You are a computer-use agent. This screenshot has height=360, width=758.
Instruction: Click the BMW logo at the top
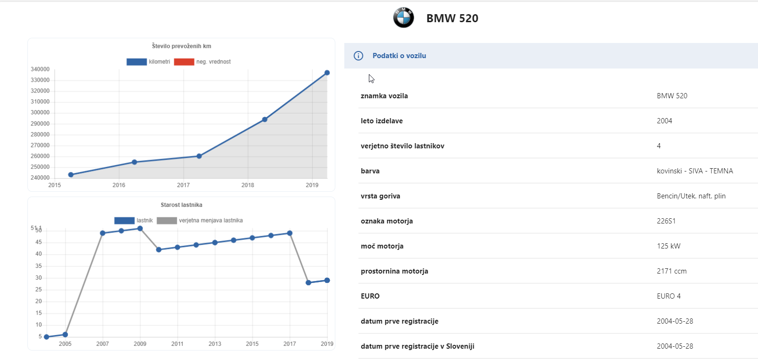pyautogui.click(x=403, y=17)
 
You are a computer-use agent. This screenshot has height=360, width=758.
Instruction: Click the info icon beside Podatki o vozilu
pyautogui.click(x=358, y=56)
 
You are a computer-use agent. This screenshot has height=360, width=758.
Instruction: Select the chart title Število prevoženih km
pyautogui.click(x=181, y=46)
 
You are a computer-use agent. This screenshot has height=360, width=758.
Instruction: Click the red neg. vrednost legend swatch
pyautogui.click(x=184, y=61)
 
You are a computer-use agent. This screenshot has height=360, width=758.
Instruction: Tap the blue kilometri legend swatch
pyautogui.click(x=136, y=61)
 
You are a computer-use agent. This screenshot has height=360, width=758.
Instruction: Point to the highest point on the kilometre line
pyautogui.click(x=327, y=73)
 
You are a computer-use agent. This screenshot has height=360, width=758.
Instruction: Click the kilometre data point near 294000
pyautogui.click(x=264, y=120)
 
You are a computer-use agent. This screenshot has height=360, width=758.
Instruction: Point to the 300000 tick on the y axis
pyautogui.click(x=40, y=112)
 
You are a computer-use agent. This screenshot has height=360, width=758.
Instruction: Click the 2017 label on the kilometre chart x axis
pyautogui.click(x=183, y=185)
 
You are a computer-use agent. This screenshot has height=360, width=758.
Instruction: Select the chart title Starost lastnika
pyautogui.click(x=181, y=205)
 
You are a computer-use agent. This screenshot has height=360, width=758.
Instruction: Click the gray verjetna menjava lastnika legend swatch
pyautogui.click(x=167, y=221)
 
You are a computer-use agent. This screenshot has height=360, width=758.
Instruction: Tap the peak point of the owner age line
pyautogui.click(x=140, y=229)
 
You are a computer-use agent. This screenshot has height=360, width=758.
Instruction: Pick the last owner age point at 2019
pyautogui.click(x=327, y=281)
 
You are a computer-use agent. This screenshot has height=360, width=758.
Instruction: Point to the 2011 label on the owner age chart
pyautogui.click(x=177, y=344)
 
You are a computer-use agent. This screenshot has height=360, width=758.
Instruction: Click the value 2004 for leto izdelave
pyautogui.click(x=664, y=121)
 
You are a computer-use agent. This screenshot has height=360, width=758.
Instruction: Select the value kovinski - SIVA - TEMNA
pyautogui.click(x=695, y=171)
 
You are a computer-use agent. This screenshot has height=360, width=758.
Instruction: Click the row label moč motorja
pyautogui.click(x=382, y=246)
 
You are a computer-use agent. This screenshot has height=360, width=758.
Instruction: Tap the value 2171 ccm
pyautogui.click(x=672, y=271)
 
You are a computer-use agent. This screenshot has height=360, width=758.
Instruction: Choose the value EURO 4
pyautogui.click(x=669, y=296)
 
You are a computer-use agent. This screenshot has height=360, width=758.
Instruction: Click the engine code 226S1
pyautogui.click(x=666, y=221)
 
